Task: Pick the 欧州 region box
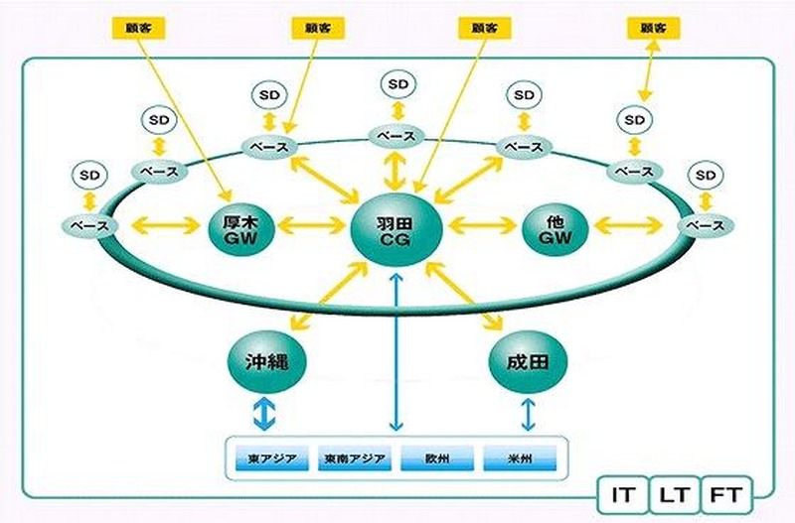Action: tap(436, 461)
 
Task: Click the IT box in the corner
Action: tap(624, 492)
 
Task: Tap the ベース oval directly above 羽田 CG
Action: tap(396, 134)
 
